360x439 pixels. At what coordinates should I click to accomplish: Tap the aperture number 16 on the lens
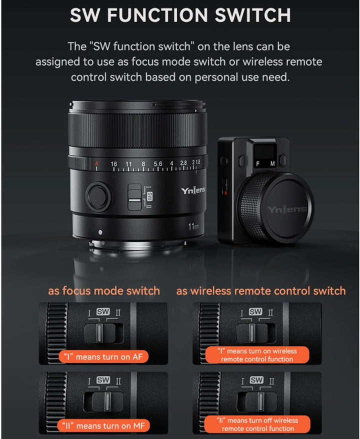114,163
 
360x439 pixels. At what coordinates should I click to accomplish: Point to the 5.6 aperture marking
158,163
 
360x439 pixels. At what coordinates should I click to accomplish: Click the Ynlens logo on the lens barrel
193,190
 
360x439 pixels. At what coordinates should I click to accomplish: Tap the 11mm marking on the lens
193,226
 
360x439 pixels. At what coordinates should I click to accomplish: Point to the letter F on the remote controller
258,163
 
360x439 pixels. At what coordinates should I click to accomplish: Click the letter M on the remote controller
272,163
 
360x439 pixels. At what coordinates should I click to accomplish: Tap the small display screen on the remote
265,149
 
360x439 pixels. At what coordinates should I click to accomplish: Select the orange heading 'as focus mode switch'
104,290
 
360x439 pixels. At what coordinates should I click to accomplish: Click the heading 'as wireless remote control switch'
260,290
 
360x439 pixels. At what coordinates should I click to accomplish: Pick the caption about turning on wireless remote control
257,355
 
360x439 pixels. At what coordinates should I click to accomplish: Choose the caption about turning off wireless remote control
257,424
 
